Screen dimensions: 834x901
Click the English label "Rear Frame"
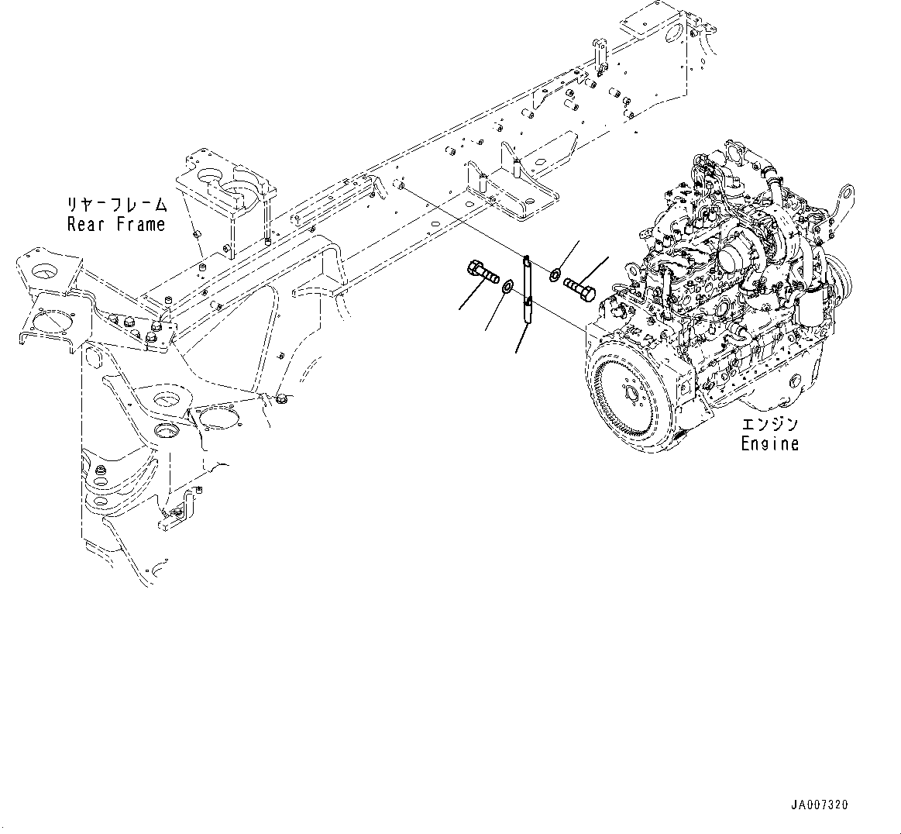point(116,225)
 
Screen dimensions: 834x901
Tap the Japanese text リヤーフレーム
point(116,205)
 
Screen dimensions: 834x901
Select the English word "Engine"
point(769,443)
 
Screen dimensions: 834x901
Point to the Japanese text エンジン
point(769,426)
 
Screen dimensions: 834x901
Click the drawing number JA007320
point(820,805)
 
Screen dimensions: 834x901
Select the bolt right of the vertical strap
point(580,288)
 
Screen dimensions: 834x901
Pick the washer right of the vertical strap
point(555,275)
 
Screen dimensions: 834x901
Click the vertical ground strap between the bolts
point(525,291)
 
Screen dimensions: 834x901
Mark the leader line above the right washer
point(569,254)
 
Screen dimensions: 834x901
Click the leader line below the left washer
point(495,313)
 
